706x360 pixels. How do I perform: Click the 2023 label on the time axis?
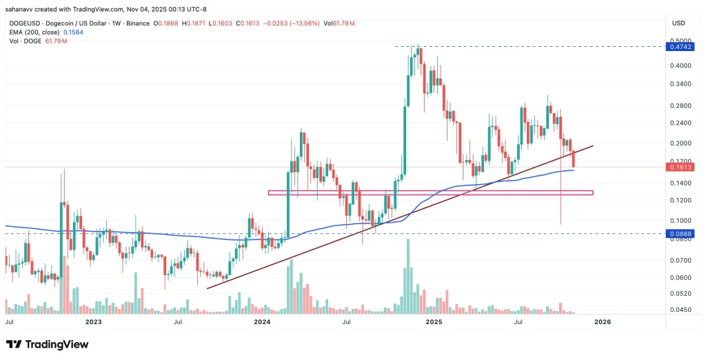(x=94, y=322)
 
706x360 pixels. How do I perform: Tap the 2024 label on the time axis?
(x=262, y=322)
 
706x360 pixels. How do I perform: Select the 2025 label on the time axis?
(x=433, y=322)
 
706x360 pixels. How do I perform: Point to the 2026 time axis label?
(x=603, y=322)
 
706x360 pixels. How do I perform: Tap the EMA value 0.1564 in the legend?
(x=74, y=32)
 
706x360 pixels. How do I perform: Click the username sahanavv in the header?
(x=23, y=10)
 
